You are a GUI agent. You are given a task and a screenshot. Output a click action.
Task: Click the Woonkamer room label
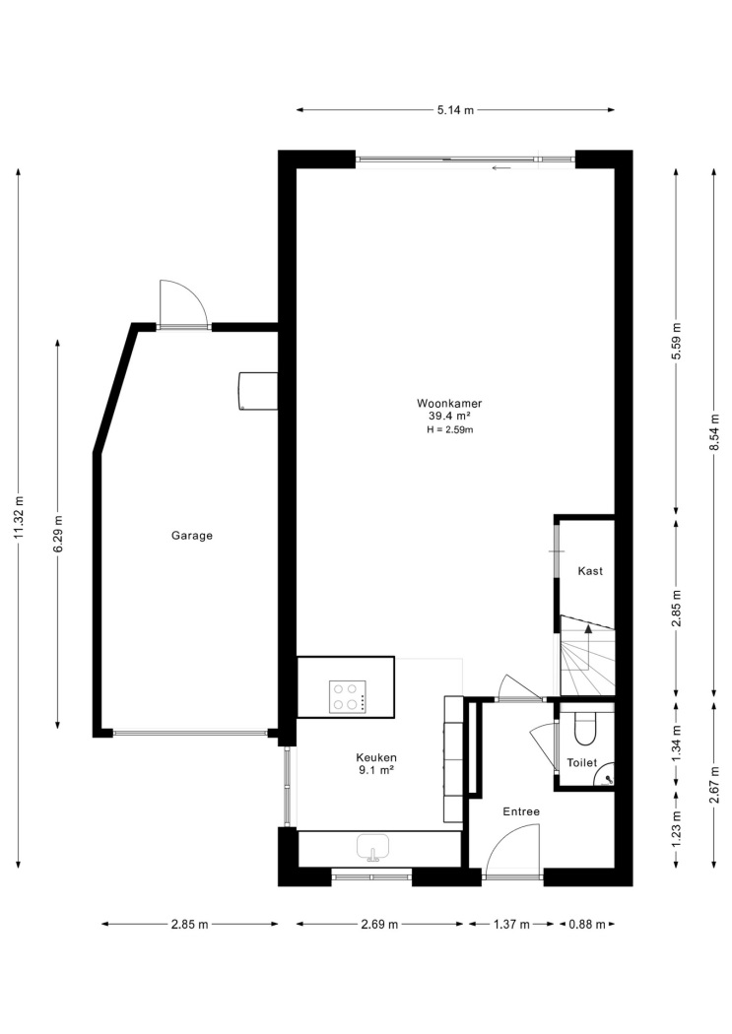(449, 403)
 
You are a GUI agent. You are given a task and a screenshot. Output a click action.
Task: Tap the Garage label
(192, 536)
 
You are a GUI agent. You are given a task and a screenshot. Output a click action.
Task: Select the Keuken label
(376, 757)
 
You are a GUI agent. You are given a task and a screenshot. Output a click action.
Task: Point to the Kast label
(590, 571)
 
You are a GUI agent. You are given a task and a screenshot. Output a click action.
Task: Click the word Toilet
(581, 763)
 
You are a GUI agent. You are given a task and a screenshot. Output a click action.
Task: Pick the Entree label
(521, 811)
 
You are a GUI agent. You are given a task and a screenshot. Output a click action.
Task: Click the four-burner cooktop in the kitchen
(347, 696)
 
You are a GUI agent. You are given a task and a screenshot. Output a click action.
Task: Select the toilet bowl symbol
(585, 728)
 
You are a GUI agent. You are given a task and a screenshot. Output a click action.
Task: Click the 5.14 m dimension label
(455, 110)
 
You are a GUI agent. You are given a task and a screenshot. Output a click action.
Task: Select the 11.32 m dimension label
(19, 517)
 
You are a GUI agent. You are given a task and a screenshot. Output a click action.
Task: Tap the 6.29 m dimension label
(58, 534)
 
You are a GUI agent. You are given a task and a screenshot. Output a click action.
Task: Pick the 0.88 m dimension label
(587, 925)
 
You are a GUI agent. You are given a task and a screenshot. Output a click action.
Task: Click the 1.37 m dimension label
(511, 925)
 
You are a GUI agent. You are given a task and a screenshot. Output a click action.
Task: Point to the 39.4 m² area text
(449, 417)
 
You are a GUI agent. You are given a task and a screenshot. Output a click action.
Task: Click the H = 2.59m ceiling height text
(450, 430)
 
